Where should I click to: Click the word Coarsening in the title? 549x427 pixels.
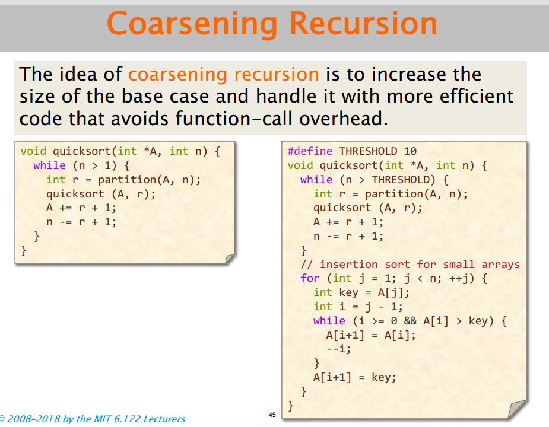192,24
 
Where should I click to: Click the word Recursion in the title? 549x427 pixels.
363,23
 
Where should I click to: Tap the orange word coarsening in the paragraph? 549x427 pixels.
177,75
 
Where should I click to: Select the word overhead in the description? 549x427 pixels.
344,118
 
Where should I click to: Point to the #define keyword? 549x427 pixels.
310,151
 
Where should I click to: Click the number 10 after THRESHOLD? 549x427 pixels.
410,151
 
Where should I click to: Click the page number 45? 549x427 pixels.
272,415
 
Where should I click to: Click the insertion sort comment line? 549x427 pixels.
410,265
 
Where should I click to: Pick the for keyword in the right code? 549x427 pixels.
310,278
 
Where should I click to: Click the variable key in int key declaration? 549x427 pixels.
349,292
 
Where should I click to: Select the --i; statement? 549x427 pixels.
338,349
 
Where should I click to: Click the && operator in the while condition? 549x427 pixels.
410,321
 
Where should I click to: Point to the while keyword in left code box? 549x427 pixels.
49,165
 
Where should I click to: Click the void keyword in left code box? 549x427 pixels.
33,151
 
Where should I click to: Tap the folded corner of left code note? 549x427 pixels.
230,259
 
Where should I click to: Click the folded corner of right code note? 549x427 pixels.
517,409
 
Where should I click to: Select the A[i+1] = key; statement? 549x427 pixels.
355,377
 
